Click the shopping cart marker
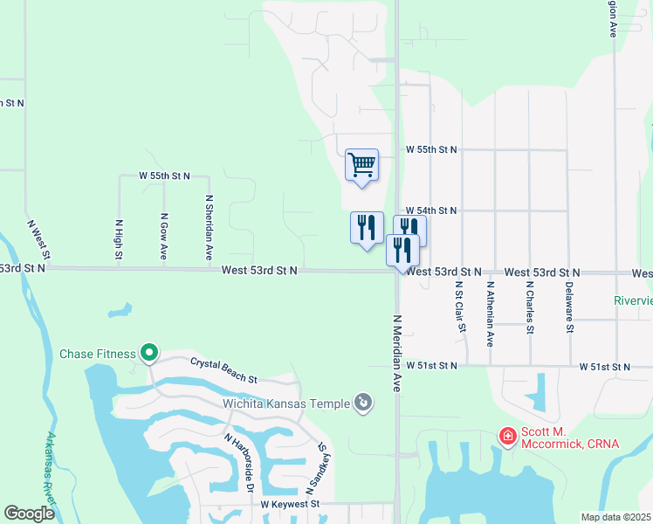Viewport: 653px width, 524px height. (x=361, y=164)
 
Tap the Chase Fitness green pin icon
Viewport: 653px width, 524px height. (x=149, y=354)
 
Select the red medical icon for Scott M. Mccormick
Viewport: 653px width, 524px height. (x=506, y=435)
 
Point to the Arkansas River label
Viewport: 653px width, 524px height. (x=52, y=467)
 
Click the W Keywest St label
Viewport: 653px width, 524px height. (x=291, y=504)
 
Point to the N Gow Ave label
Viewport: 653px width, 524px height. (x=163, y=236)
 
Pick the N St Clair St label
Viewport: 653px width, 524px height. (x=457, y=307)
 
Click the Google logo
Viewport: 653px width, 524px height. (x=29, y=513)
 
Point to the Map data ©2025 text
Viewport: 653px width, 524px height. (x=615, y=517)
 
